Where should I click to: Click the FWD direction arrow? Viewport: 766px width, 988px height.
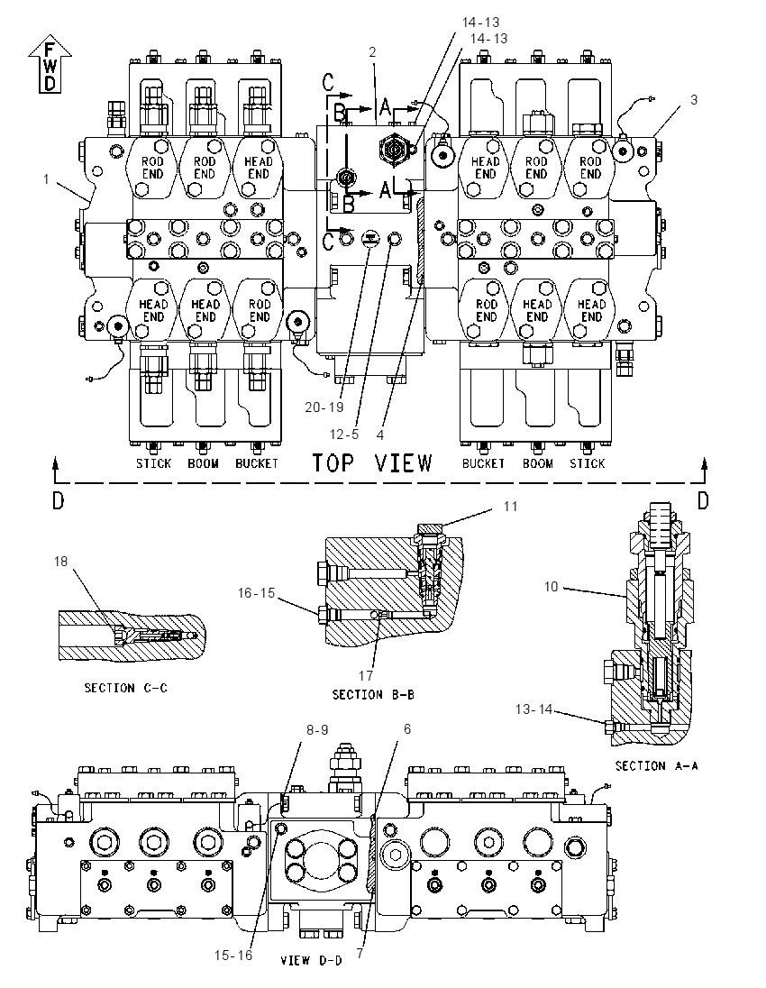point(50,64)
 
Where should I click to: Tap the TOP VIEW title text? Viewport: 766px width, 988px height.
point(372,463)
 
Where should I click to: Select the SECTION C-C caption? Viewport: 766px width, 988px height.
point(126,688)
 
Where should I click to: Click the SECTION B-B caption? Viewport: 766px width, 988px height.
point(373,694)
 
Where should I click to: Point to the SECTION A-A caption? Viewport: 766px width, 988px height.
point(656,765)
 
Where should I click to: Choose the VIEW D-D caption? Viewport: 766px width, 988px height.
point(311,960)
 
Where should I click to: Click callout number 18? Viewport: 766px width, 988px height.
point(60,561)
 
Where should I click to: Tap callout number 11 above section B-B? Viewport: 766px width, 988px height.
point(510,506)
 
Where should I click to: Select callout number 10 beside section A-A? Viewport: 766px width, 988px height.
point(552,587)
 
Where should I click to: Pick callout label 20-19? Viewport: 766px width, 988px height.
point(324,407)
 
